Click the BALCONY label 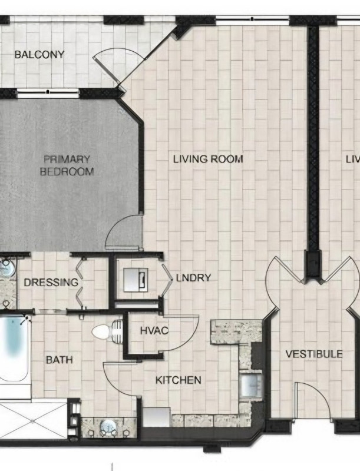point(39,54)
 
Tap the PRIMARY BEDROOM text point(67,165)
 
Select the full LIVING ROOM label point(208,159)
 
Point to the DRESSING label point(51,283)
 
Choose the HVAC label point(154,331)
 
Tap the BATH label point(59,360)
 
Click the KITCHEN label point(178,380)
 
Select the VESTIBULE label point(313,354)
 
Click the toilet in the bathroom point(107,331)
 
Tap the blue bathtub point(14,349)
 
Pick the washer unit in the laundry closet point(136,280)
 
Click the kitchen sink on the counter point(250,386)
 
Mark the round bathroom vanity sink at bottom point(108,427)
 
